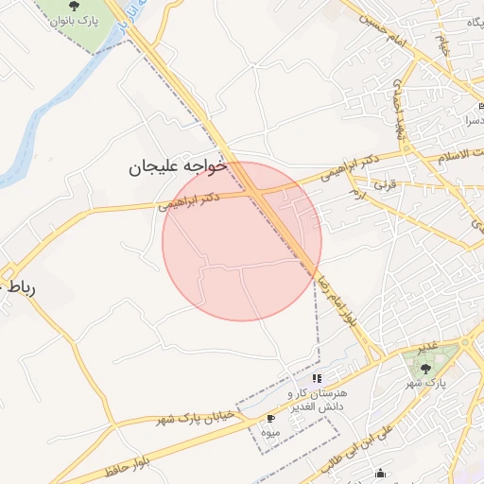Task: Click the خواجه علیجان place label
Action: coord(179,167)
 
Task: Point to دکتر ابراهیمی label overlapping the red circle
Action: coord(190,199)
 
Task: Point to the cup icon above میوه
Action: coord(272,418)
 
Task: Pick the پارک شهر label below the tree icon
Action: coord(429,383)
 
